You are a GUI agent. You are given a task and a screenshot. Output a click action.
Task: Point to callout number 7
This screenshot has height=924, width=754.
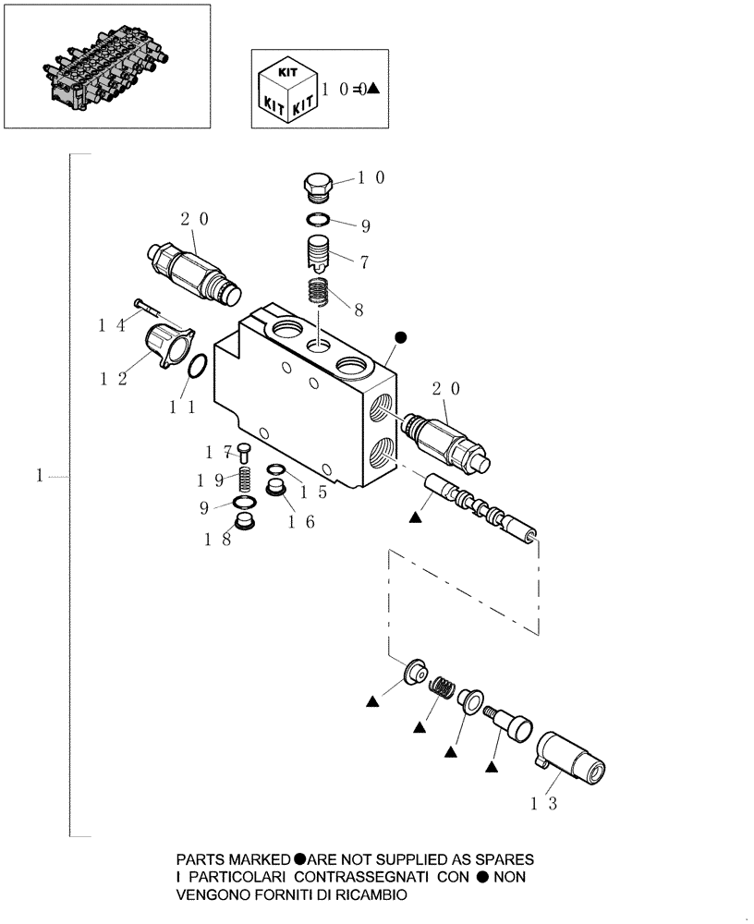click(364, 262)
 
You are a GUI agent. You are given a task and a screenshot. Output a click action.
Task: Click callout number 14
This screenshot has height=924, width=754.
click(112, 324)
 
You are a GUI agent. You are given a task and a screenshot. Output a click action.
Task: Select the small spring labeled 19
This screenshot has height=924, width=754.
click(245, 480)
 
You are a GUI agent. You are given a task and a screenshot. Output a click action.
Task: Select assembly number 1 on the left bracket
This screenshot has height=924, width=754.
click(39, 476)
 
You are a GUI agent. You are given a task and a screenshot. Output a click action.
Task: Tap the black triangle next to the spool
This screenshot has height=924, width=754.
click(415, 520)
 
